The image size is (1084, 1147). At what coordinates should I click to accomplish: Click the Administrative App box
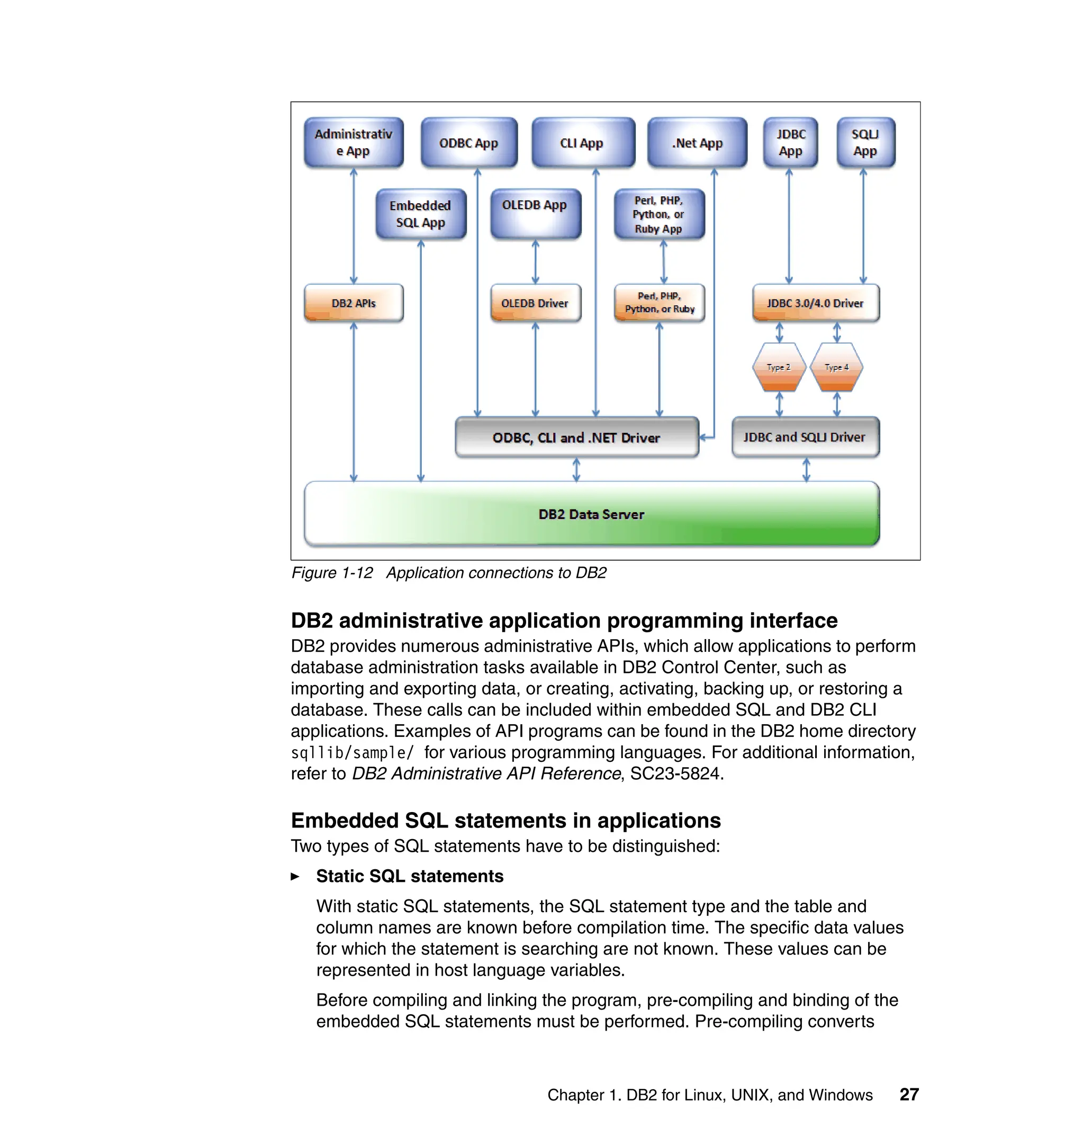click(354, 143)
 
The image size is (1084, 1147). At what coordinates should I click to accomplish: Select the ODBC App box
click(468, 143)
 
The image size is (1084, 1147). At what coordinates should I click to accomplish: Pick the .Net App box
click(697, 143)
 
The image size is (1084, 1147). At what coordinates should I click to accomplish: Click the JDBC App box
click(790, 143)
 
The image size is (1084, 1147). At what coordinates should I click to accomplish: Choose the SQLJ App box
click(865, 143)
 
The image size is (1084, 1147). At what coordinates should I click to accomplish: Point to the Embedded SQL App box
click(420, 214)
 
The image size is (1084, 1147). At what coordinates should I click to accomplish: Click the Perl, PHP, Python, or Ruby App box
click(659, 214)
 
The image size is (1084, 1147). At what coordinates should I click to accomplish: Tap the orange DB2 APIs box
click(354, 303)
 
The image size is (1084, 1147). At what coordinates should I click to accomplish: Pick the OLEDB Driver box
click(535, 303)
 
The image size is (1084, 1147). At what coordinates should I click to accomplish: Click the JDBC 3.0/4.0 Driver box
click(815, 303)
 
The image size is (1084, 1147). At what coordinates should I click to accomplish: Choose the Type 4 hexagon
click(837, 367)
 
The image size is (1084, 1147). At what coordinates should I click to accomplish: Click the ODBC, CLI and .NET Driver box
click(577, 437)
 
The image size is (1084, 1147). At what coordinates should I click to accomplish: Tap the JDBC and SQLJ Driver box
click(805, 437)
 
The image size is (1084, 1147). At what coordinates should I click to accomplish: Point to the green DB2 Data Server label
click(591, 514)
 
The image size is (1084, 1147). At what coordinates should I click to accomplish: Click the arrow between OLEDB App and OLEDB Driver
click(536, 262)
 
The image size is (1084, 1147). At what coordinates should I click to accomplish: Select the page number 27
click(909, 1095)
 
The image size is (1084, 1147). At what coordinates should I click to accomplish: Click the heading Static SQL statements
click(410, 876)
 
